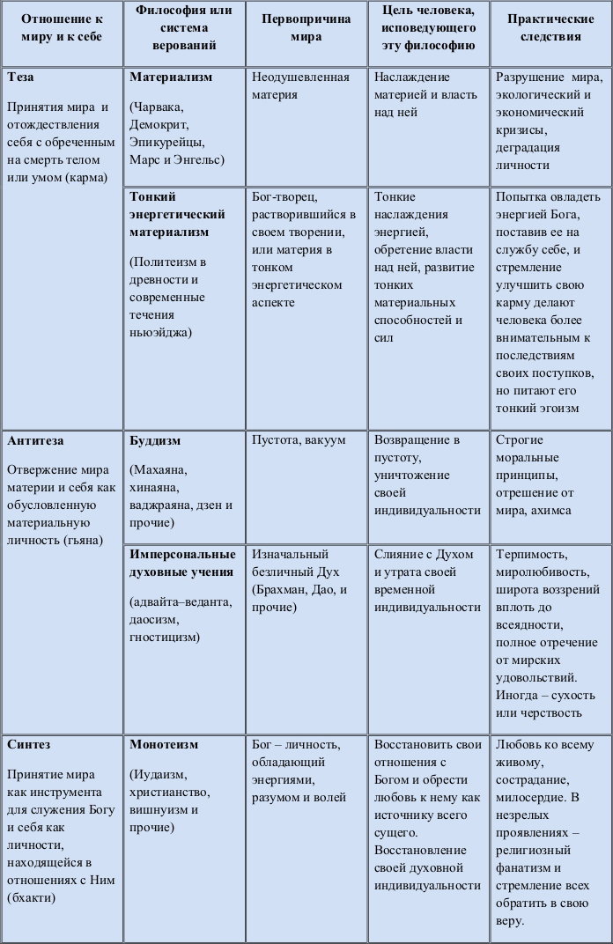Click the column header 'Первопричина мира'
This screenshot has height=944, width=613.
pyautogui.click(x=306, y=28)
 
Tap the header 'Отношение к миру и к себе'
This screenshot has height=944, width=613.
pyautogui.click(x=61, y=28)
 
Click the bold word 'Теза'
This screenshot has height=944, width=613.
pyautogui.click(x=21, y=77)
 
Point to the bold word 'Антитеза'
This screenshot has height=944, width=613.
pyautogui.click(x=35, y=440)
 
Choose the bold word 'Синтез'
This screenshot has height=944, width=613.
pyautogui.click(x=28, y=744)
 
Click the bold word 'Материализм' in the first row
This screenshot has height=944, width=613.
pyautogui.click(x=171, y=77)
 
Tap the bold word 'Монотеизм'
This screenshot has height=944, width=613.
pyautogui.click(x=164, y=744)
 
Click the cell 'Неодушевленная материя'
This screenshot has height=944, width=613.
pyautogui.click(x=299, y=85)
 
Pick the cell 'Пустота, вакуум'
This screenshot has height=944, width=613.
pyautogui.click(x=299, y=439)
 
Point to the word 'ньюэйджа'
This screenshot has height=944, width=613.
pyautogui.click(x=159, y=332)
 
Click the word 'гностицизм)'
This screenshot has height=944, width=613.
pyautogui.click(x=165, y=637)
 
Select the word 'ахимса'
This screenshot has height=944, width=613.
pyautogui.click(x=551, y=510)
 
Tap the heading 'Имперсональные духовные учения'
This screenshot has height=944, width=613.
pyautogui.click(x=182, y=563)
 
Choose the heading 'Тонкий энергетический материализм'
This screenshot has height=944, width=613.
pyautogui.click(x=177, y=214)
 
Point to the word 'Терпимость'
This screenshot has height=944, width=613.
pyautogui.click(x=531, y=555)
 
